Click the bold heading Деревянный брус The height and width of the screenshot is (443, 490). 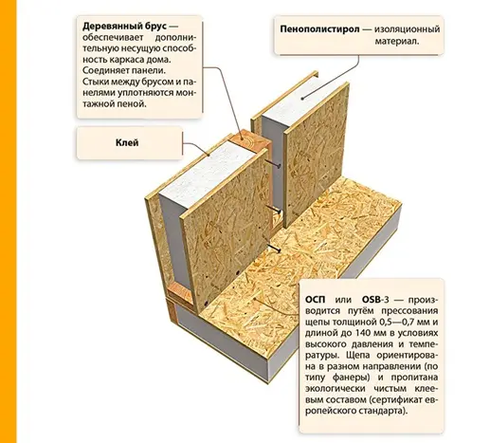[124, 27]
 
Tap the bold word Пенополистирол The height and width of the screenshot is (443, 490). [319, 29]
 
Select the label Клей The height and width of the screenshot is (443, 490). [127, 142]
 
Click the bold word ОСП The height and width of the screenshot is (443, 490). [315, 299]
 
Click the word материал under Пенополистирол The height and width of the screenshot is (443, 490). [397, 42]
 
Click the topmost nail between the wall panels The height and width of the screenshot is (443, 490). [273, 163]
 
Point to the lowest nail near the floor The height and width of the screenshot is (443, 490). [274, 249]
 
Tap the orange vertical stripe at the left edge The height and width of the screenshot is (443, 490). [8, 221]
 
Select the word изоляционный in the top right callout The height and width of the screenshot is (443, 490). [408, 29]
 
